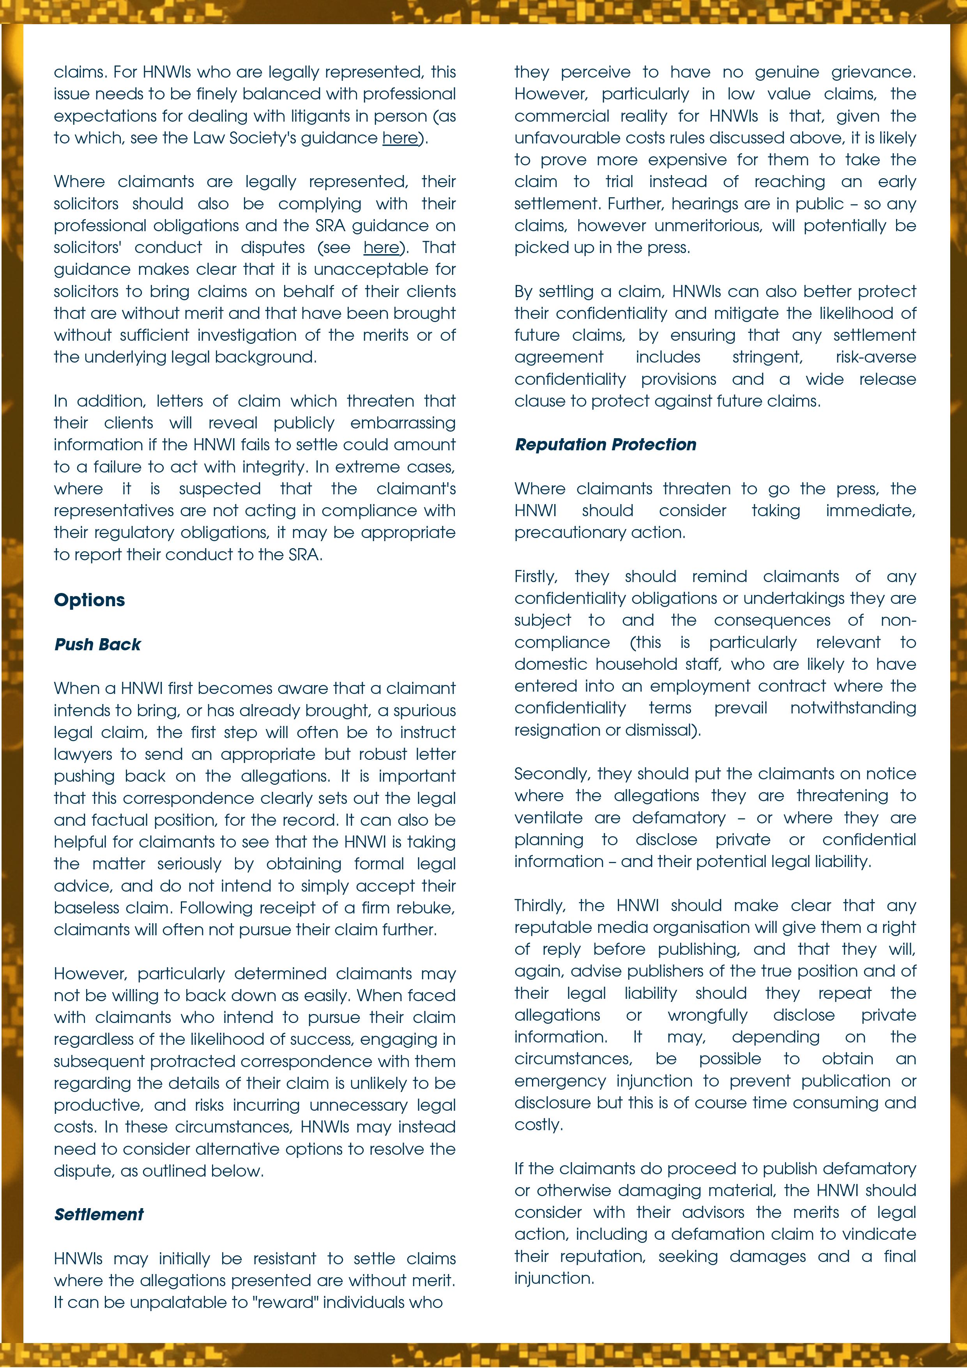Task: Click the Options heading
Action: pos(89,600)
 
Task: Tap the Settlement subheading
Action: pos(99,1214)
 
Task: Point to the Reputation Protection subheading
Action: pos(605,444)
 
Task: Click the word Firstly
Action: pos(536,577)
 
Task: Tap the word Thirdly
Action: pos(539,906)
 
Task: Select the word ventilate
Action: pos(548,818)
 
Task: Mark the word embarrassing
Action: pos(403,423)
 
